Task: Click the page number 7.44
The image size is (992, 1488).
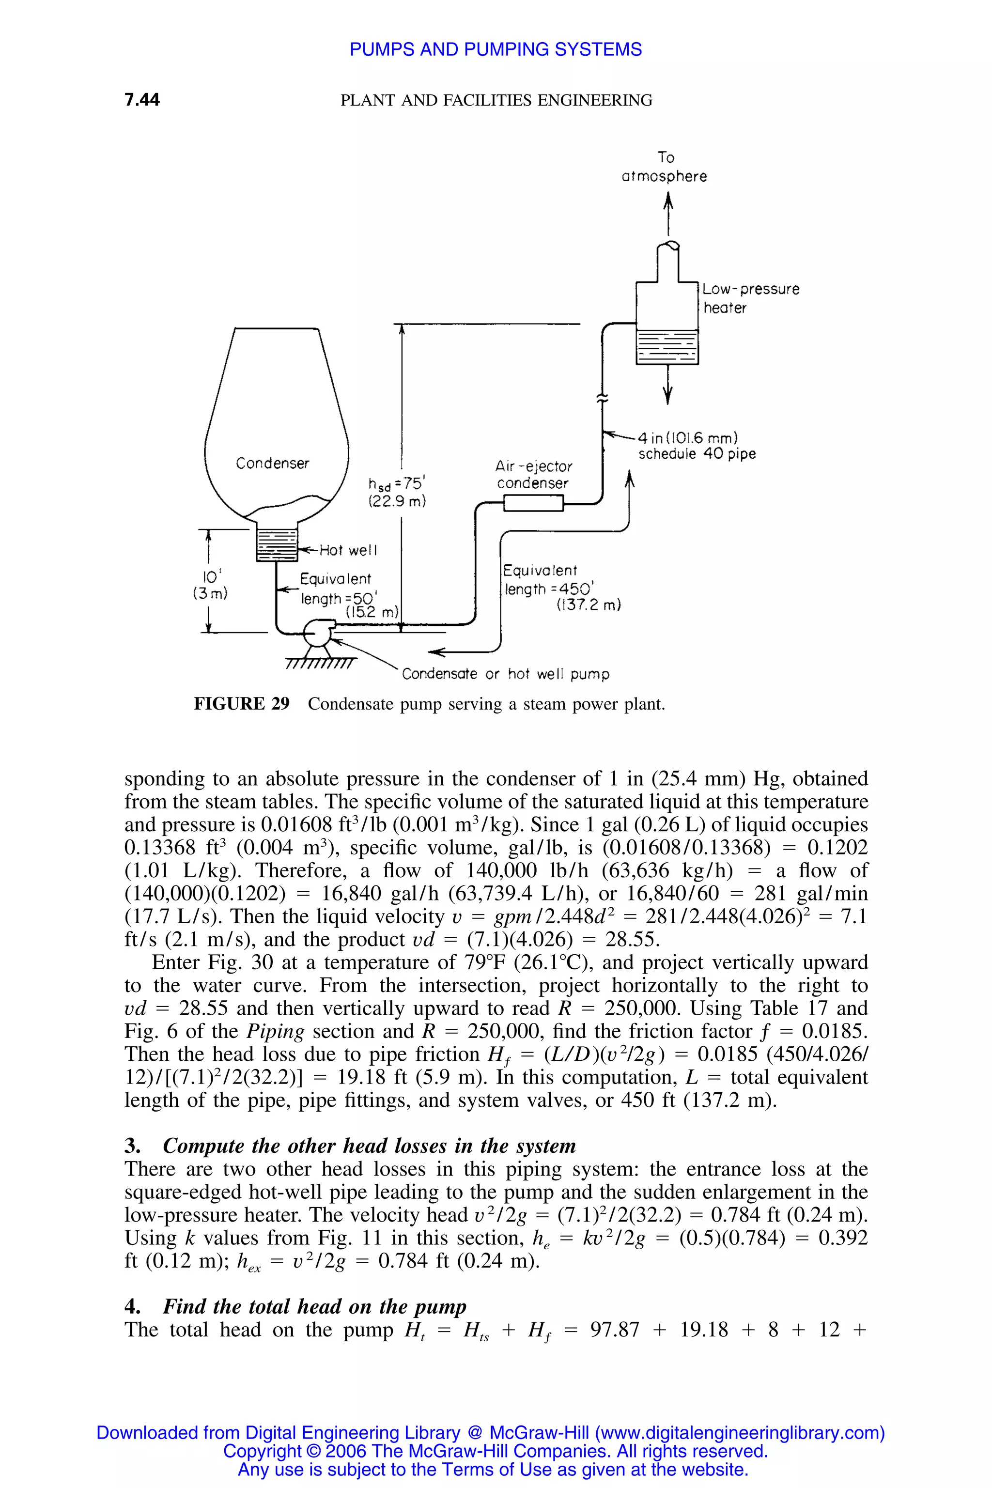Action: [x=142, y=99]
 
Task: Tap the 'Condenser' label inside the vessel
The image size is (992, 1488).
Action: [x=272, y=464]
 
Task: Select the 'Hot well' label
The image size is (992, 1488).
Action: [x=348, y=550]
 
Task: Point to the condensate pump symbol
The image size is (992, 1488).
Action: [x=316, y=632]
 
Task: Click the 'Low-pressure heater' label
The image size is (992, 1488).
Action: [x=750, y=298]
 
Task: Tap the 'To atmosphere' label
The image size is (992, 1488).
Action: [x=664, y=167]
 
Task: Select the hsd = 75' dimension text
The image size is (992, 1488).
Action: [x=397, y=492]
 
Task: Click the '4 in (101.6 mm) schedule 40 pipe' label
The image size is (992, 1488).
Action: [x=697, y=446]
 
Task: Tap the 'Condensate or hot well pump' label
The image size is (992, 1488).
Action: [x=506, y=674]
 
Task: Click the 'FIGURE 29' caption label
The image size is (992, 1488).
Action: [x=242, y=704]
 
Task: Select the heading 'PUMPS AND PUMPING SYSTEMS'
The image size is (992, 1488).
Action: [x=496, y=49]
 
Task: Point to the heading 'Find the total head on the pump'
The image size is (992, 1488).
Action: [x=314, y=1306]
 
